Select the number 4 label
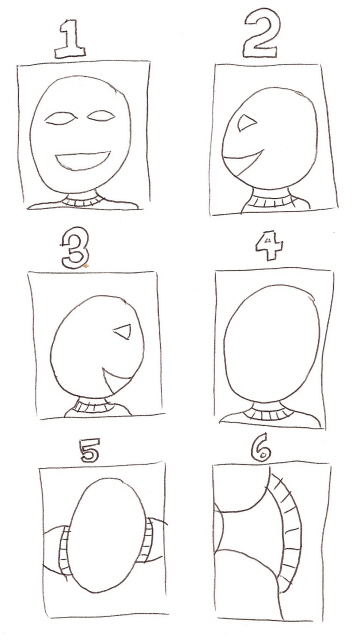tap(262, 249)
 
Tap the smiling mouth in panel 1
tap(84, 160)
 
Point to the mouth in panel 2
tap(241, 157)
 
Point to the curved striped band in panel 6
tap(285, 535)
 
